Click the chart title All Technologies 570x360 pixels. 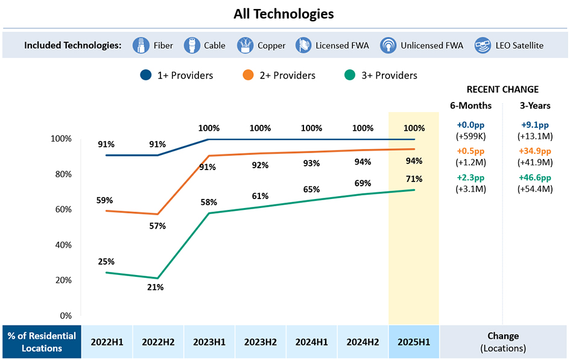[283, 14]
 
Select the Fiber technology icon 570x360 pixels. [142, 45]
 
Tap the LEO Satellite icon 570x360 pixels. [483, 45]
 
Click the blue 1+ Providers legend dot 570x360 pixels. [145, 75]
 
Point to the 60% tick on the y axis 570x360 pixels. [63, 209]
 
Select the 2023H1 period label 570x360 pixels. [209, 341]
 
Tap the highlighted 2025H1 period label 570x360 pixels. [414, 341]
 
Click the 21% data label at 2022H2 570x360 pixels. [155, 288]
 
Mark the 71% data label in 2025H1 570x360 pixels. [414, 179]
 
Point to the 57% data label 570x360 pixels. [157, 226]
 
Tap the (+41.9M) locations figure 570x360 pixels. [535, 162]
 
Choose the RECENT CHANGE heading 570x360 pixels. [502, 89]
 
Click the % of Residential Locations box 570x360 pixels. [41, 342]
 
